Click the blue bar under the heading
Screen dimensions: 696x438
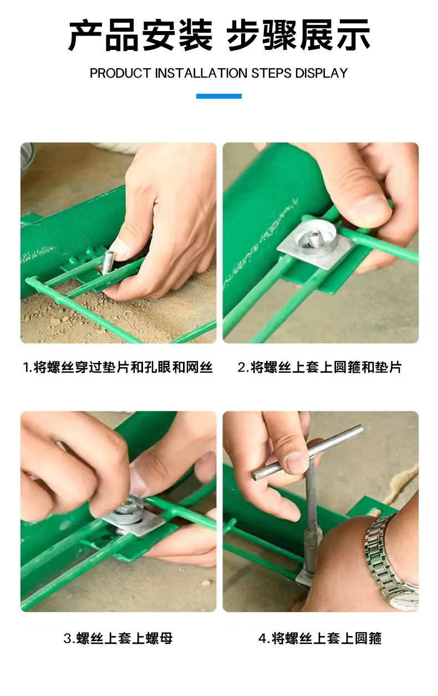coord(218,96)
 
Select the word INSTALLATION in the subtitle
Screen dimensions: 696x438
coord(201,73)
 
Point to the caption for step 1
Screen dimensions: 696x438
coord(118,367)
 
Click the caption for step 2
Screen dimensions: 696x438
coord(320,367)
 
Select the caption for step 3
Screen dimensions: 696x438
coord(118,638)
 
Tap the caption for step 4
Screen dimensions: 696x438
coord(320,638)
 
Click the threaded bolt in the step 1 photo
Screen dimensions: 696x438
coord(108,261)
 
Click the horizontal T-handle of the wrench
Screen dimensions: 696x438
coord(308,452)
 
